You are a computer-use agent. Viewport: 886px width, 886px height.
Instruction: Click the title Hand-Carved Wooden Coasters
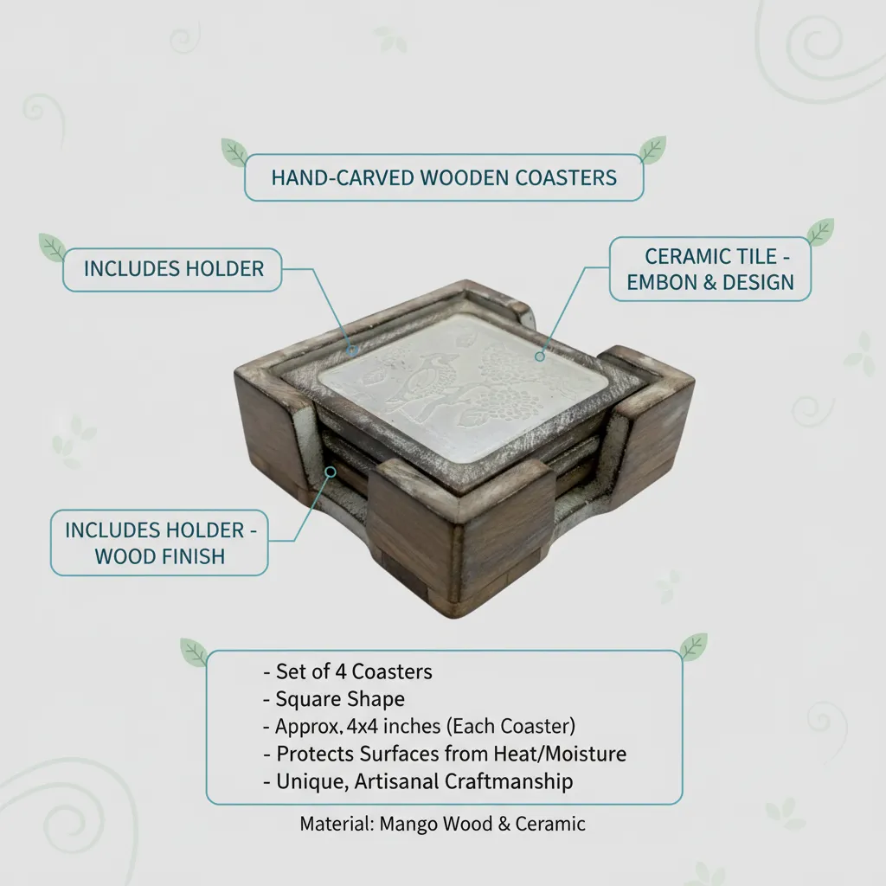click(444, 178)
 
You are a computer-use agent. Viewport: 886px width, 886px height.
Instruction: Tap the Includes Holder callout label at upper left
click(173, 269)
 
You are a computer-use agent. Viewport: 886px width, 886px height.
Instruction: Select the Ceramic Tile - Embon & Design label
click(710, 270)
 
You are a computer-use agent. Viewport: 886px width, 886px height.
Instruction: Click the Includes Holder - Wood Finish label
click(160, 543)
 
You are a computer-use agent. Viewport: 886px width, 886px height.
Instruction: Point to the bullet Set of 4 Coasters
click(348, 671)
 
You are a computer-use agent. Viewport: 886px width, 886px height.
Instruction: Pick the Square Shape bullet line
click(334, 699)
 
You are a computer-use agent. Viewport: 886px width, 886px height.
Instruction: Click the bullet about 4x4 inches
click(420, 726)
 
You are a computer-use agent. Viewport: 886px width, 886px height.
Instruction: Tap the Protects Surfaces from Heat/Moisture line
click(445, 754)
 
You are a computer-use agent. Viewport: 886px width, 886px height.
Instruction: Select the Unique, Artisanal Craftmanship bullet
click(418, 781)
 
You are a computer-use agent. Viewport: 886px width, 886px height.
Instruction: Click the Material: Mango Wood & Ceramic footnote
click(442, 824)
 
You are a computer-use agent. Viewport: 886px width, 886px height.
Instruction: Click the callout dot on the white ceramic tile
click(540, 356)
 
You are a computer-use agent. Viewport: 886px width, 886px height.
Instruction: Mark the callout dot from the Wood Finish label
click(331, 472)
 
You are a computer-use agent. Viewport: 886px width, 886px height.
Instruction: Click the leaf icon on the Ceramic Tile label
click(820, 232)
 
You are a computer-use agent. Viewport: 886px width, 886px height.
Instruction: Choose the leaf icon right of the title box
click(652, 151)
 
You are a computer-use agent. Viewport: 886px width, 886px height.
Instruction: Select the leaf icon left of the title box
click(234, 152)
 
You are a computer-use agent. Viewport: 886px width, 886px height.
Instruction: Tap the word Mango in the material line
click(407, 825)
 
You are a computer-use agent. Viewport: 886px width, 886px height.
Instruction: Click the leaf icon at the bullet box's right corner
click(693, 647)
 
